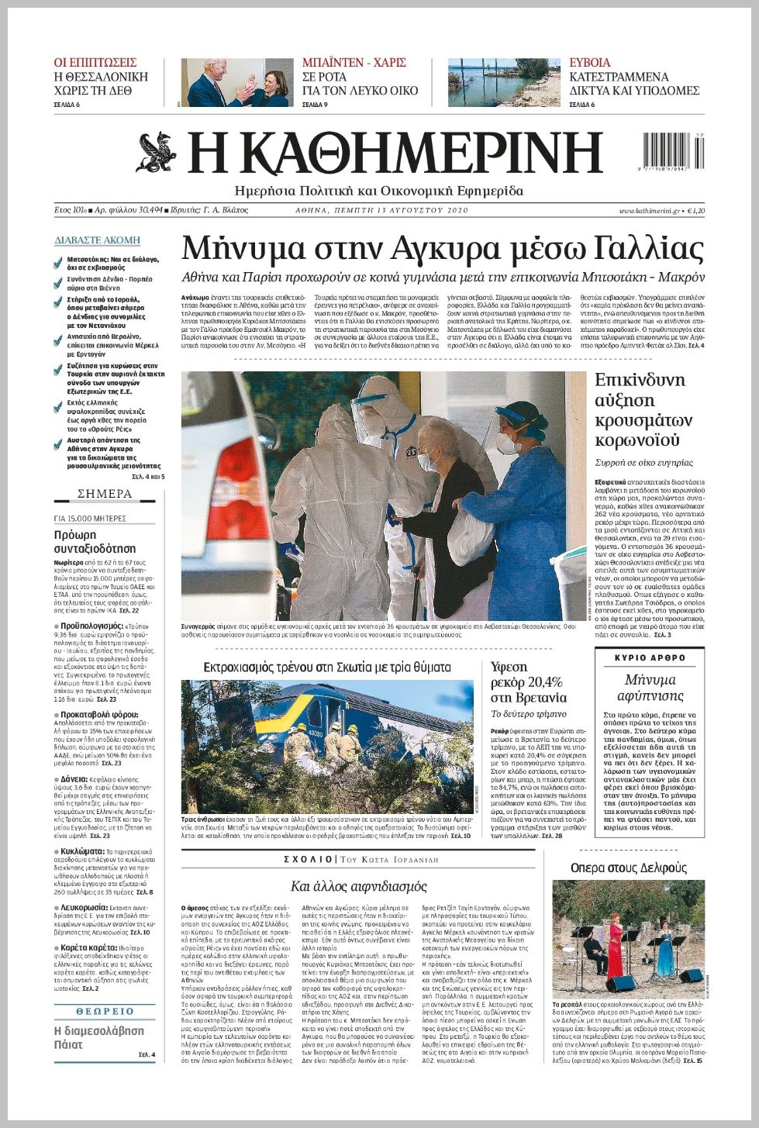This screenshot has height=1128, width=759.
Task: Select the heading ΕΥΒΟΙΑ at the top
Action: point(589,62)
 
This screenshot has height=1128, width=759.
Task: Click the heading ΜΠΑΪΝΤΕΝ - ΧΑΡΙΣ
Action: point(354,62)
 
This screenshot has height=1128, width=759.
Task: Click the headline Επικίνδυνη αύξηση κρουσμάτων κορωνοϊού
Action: point(640,410)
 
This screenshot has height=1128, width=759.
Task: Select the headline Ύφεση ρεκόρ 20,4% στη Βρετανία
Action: point(529,682)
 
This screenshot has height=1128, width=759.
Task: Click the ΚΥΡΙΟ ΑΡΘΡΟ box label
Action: point(650,657)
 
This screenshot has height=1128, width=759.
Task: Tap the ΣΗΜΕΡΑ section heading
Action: point(105,494)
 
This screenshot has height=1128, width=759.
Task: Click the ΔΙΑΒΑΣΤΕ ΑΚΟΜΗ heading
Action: point(98,240)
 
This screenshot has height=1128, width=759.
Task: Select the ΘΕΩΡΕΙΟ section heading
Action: point(105,1011)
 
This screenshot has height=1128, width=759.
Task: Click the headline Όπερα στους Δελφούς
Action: point(629,868)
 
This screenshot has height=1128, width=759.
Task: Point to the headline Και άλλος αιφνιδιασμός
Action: point(358,886)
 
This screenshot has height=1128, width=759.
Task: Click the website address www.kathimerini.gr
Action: point(649,211)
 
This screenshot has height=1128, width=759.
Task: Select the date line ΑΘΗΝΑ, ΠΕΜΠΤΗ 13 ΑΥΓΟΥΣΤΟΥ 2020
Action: point(382,211)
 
